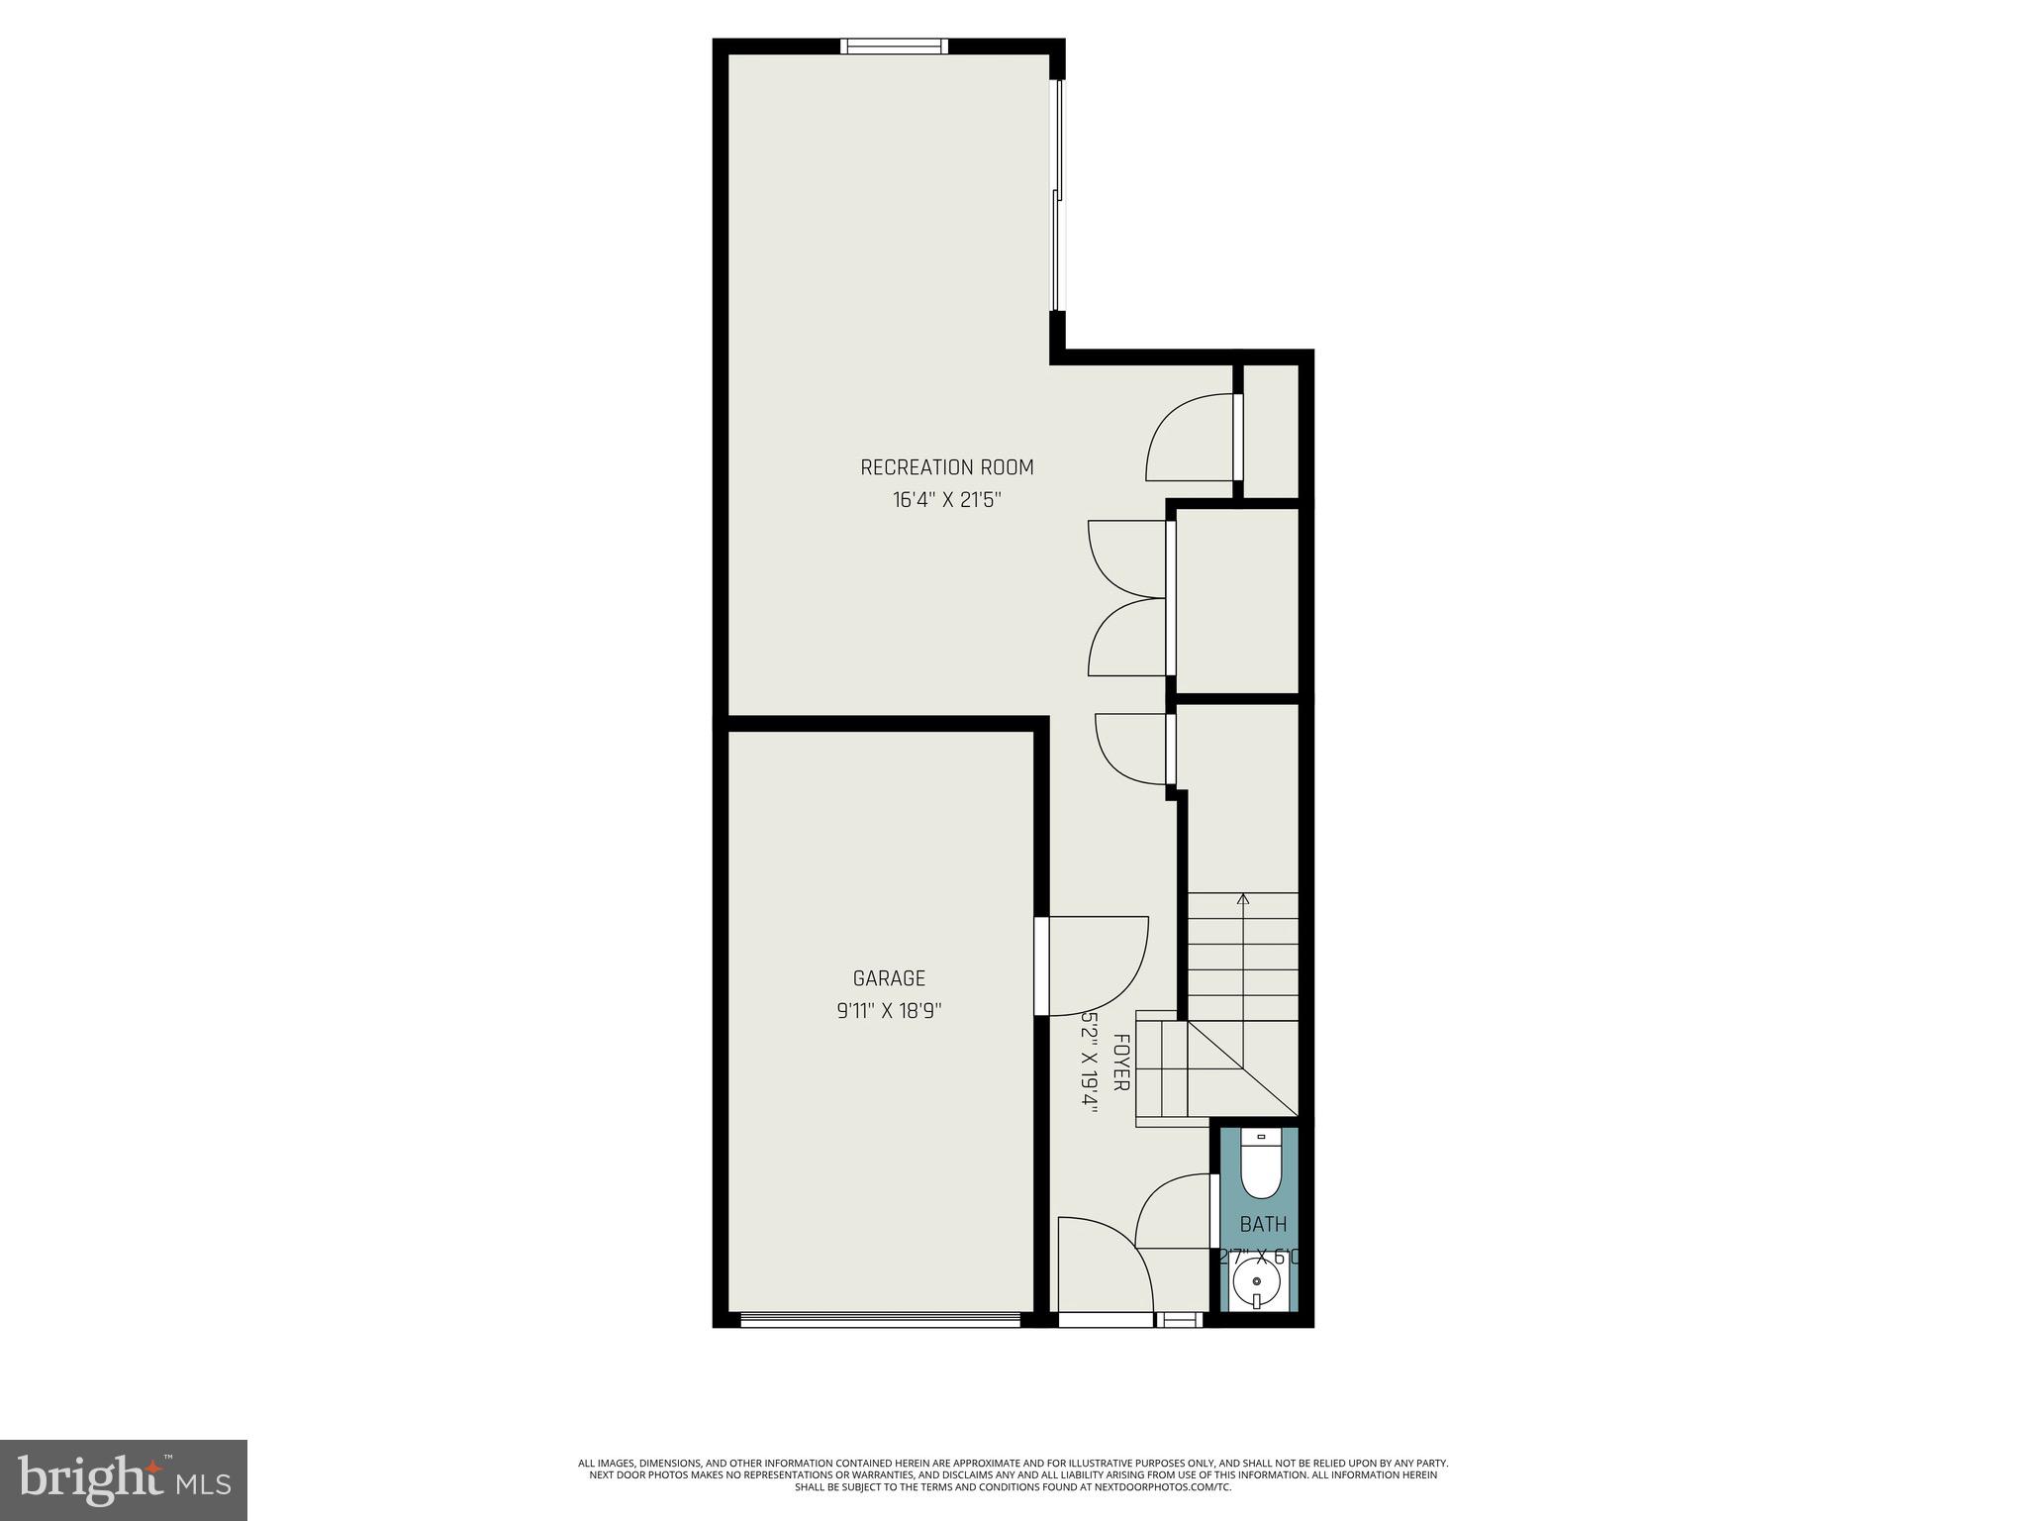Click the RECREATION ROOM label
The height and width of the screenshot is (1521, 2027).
pyautogui.click(x=946, y=467)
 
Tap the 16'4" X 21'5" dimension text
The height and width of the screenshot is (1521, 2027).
pyautogui.click(x=946, y=500)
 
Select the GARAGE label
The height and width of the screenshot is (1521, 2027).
pyautogui.click(x=889, y=978)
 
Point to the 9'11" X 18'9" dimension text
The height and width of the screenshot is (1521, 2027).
pyautogui.click(x=889, y=1011)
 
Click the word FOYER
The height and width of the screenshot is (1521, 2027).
pyautogui.click(x=1121, y=1063)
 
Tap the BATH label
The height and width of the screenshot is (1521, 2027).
pyautogui.click(x=1263, y=1225)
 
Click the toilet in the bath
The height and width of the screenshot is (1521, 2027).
pyautogui.click(x=1261, y=1168)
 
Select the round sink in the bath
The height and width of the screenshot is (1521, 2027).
pyautogui.click(x=1257, y=1285)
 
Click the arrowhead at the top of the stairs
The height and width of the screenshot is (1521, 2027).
pyautogui.click(x=1243, y=899)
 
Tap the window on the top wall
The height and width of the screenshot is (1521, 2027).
pyautogui.click(x=894, y=46)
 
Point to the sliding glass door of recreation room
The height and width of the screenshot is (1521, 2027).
pyautogui.click(x=1056, y=195)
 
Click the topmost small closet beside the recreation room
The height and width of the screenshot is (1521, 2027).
pyautogui.click(x=1270, y=431)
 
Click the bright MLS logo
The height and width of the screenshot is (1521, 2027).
pyautogui.click(x=124, y=1479)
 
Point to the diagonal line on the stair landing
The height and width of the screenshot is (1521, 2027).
pyautogui.click(x=1242, y=1067)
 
